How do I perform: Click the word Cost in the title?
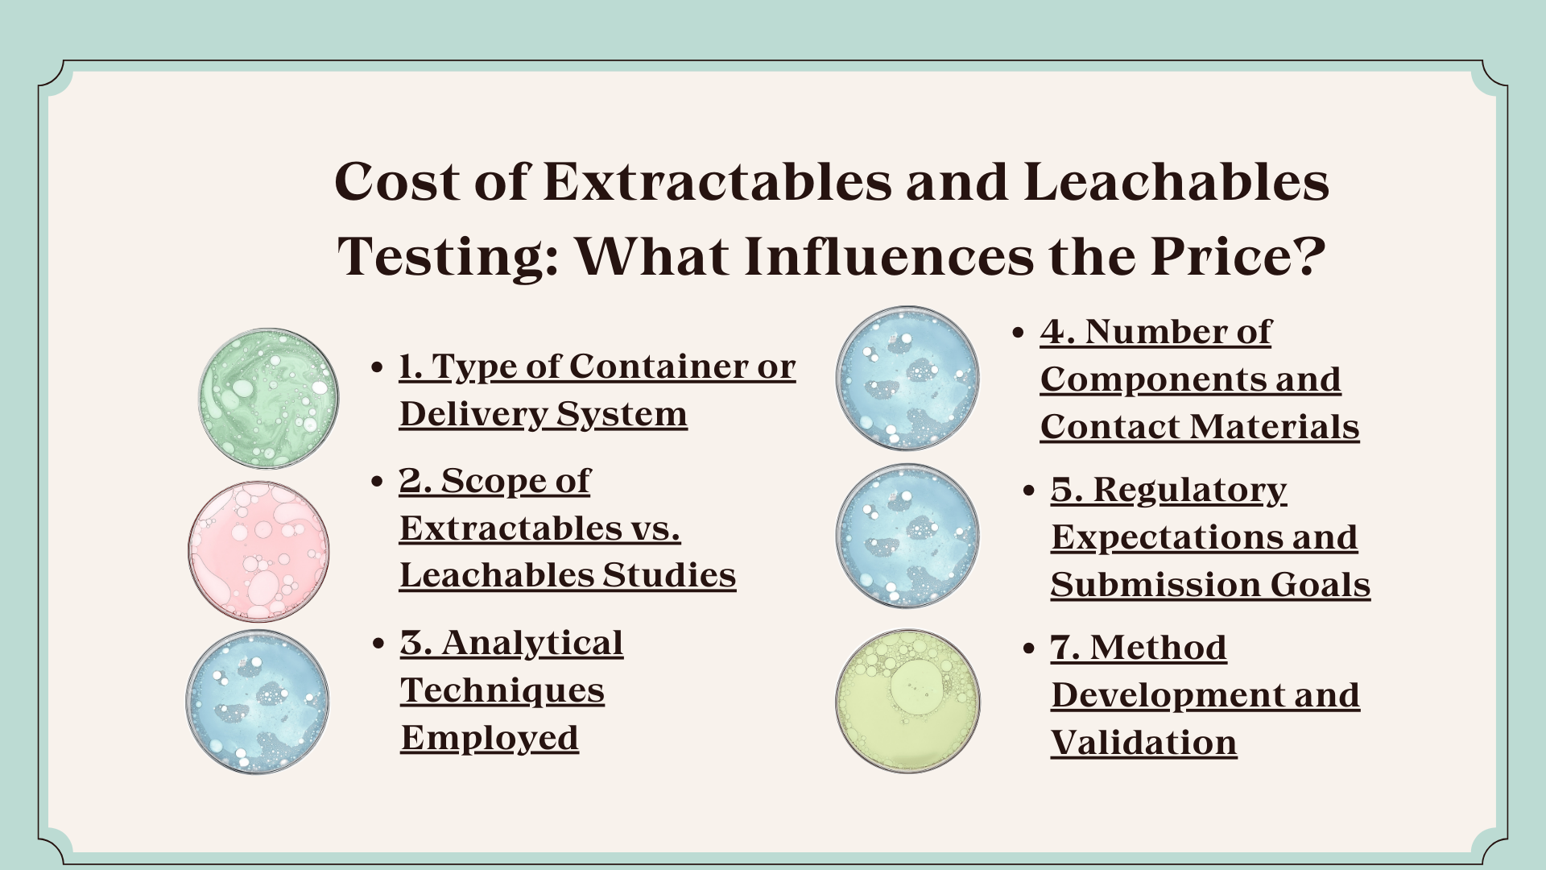pos(398,181)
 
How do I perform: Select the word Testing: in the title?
pos(449,258)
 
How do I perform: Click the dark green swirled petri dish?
pos(269,398)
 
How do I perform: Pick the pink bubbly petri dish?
pos(258,552)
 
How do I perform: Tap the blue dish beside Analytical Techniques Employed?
pos(258,702)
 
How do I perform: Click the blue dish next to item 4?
pos(907,378)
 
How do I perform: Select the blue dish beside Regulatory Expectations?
pos(907,536)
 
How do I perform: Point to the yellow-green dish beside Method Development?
pos(907,701)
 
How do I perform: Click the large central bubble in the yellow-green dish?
pos(916,689)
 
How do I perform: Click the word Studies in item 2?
pos(669,575)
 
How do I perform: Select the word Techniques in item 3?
pos(502,691)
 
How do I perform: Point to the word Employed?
pos(490,739)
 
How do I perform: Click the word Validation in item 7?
pos(1144,743)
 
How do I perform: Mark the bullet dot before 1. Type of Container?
pos(377,368)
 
